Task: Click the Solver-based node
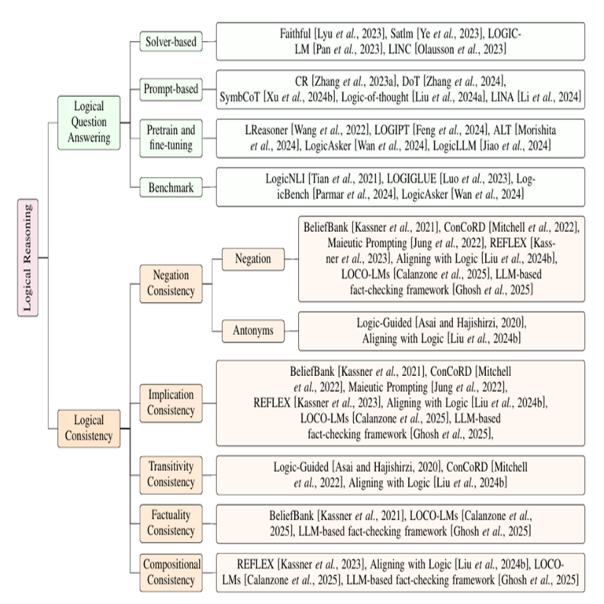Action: point(171,40)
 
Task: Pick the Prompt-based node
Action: point(171,89)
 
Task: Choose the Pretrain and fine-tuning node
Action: point(171,138)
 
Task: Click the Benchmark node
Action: point(171,186)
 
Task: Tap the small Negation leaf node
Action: point(253,258)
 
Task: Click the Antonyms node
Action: point(253,330)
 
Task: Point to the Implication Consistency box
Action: point(171,403)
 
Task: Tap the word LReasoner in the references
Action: point(273,131)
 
